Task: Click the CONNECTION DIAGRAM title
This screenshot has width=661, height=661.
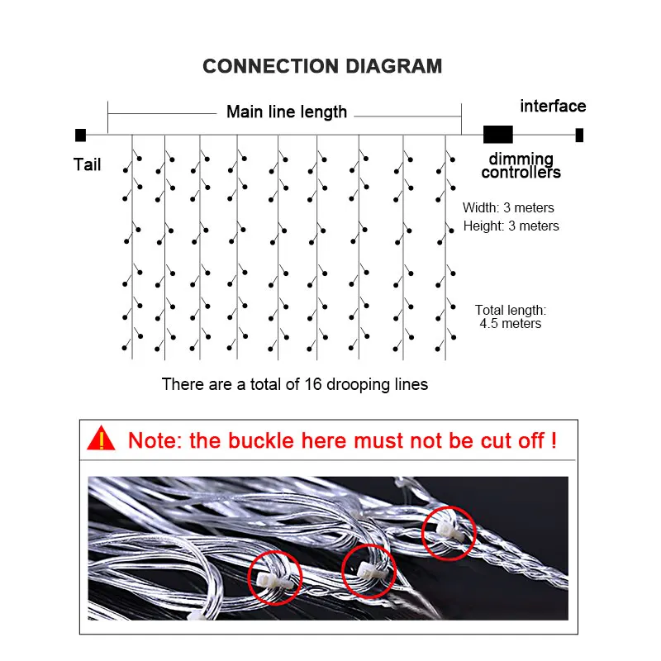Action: [x=322, y=66]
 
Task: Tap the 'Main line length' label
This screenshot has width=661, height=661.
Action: [x=287, y=112]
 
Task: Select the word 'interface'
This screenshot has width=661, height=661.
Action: [x=553, y=106]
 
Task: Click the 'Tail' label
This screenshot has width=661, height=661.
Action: [x=87, y=164]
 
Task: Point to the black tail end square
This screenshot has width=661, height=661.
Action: [x=80, y=135]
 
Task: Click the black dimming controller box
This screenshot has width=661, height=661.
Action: [x=498, y=134]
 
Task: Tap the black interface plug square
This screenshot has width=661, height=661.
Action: [x=580, y=135]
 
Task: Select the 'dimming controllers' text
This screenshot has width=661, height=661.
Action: [x=521, y=166]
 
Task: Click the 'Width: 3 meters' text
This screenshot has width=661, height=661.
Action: [x=508, y=207]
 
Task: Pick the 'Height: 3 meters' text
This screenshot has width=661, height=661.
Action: [x=511, y=226]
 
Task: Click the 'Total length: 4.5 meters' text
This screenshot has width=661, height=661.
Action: [x=511, y=316]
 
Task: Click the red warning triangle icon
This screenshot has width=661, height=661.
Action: [x=102, y=438]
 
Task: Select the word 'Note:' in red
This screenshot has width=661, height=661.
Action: [x=155, y=440]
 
